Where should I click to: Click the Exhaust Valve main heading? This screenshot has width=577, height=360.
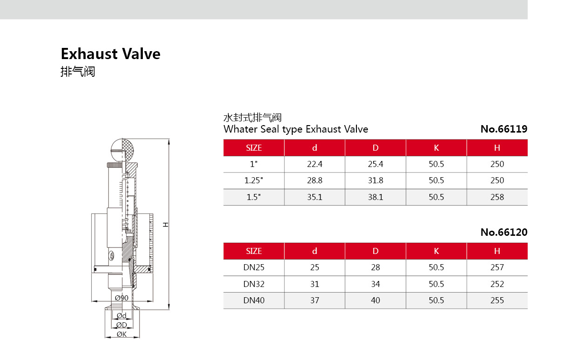click(110, 54)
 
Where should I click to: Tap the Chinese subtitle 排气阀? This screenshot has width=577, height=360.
click(78, 72)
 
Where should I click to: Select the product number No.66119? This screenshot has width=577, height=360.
click(503, 129)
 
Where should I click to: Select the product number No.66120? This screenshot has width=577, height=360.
click(503, 232)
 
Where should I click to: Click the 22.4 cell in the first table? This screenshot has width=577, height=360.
click(315, 164)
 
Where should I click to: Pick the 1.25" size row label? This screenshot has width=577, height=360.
click(254, 180)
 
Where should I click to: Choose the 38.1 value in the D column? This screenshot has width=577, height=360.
click(376, 197)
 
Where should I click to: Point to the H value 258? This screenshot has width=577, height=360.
click(497, 197)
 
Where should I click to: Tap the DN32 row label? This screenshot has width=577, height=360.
click(254, 284)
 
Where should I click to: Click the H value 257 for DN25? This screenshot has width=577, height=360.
click(497, 267)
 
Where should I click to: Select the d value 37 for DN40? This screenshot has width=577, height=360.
click(315, 300)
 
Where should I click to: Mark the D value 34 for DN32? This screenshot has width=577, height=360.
click(376, 284)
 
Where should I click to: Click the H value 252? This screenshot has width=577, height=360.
click(497, 284)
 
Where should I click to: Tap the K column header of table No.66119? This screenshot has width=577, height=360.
click(436, 148)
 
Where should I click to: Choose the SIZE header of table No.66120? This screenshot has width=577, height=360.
click(254, 251)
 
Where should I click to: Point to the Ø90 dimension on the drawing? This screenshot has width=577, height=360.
click(121, 298)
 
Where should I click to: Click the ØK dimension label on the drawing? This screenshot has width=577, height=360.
click(122, 334)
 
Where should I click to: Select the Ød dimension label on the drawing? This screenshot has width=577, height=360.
click(121, 316)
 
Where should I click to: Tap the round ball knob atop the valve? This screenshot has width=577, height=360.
click(122, 149)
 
